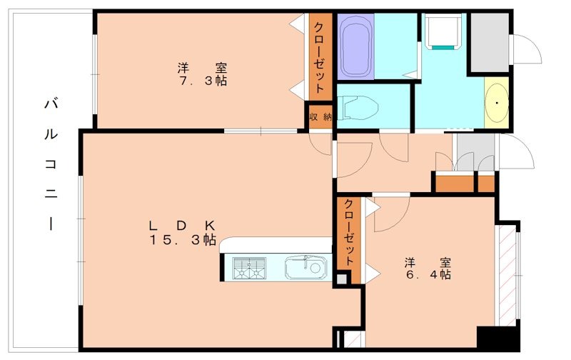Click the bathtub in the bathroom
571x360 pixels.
pyautogui.click(x=352, y=47)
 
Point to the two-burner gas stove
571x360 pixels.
pyautogui.click(x=247, y=269)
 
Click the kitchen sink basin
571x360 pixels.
pyautogui.click(x=305, y=269)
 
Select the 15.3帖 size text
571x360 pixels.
pyautogui.click(x=183, y=241)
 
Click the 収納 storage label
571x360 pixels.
pyautogui.click(x=320, y=116)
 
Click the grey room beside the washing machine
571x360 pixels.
pyautogui.click(x=489, y=41)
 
